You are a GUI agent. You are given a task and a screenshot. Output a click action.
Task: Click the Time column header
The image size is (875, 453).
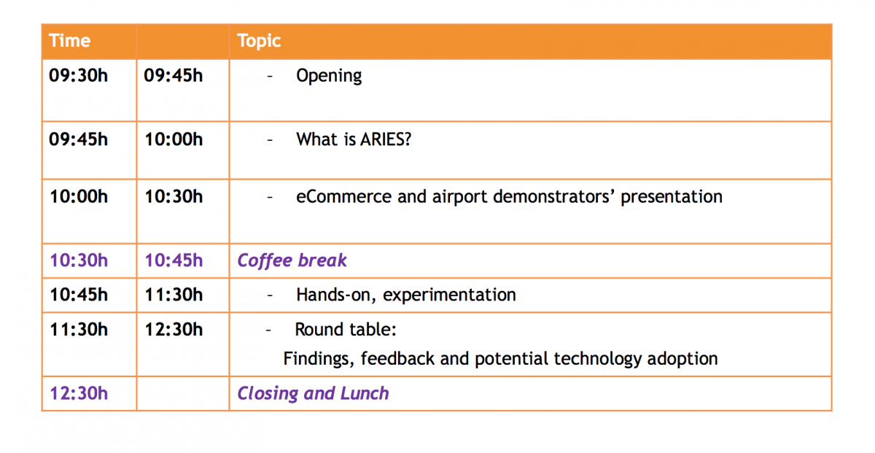click(69, 41)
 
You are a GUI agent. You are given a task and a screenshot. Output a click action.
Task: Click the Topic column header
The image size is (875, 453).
click(259, 42)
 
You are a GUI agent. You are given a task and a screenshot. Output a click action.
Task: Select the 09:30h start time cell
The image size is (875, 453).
click(79, 75)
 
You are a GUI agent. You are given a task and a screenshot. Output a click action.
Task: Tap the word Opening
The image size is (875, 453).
click(329, 76)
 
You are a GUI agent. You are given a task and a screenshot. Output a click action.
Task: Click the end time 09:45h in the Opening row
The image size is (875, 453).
click(174, 75)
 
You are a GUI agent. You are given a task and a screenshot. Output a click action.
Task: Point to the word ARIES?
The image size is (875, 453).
click(386, 139)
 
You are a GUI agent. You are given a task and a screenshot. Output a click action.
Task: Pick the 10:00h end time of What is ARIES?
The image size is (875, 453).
click(174, 139)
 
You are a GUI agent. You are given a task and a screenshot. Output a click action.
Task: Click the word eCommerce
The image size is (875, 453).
click(343, 197)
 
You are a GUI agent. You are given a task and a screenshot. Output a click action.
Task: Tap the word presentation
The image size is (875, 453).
click(672, 198)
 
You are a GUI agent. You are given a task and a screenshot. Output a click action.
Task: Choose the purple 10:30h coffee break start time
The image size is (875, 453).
click(79, 260)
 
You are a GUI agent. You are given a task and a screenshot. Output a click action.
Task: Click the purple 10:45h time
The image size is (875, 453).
click(174, 260)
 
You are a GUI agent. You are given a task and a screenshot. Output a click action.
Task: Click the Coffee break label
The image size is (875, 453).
click(292, 260)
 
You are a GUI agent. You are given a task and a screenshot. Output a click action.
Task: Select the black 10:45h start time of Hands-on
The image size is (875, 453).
click(79, 295)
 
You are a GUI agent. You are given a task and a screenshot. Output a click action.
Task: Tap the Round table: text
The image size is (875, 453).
click(346, 330)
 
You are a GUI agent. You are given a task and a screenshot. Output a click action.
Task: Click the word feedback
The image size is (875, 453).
click(397, 358)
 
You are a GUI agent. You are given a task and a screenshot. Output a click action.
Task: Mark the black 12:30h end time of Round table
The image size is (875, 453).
click(174, 330)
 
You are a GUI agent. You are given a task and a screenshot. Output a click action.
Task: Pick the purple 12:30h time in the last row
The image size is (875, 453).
click(79, 393)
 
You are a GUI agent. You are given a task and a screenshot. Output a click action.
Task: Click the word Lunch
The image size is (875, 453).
click(365, 393)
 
